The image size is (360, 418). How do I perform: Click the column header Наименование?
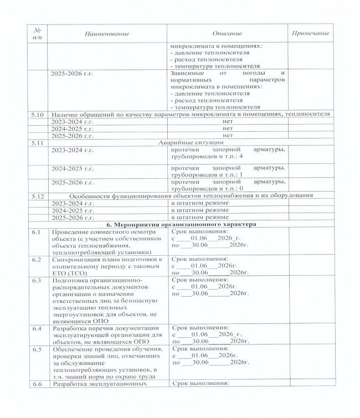pos(107,34)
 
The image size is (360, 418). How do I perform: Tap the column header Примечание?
pos(310,34)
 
